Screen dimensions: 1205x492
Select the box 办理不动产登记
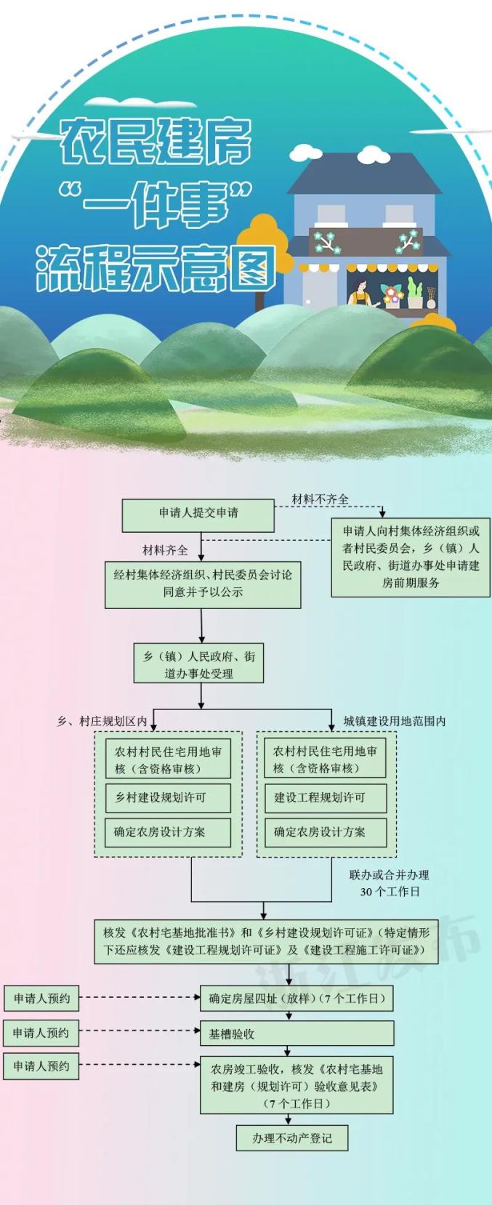291,1138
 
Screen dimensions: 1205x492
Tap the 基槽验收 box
297,1033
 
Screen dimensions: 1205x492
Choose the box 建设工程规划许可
325,798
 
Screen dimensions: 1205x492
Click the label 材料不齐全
320,499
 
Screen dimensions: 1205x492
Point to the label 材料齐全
165,550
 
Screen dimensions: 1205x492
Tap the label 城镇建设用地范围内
395,721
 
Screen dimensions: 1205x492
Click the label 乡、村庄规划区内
102,721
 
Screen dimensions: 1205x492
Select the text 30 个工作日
390,892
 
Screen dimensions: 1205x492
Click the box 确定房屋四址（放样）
297,999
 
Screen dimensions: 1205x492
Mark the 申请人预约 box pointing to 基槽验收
41,1033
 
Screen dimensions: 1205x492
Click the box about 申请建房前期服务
411,557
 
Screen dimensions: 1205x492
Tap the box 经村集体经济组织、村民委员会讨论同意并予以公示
203,584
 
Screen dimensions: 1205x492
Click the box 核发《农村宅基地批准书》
266,942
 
